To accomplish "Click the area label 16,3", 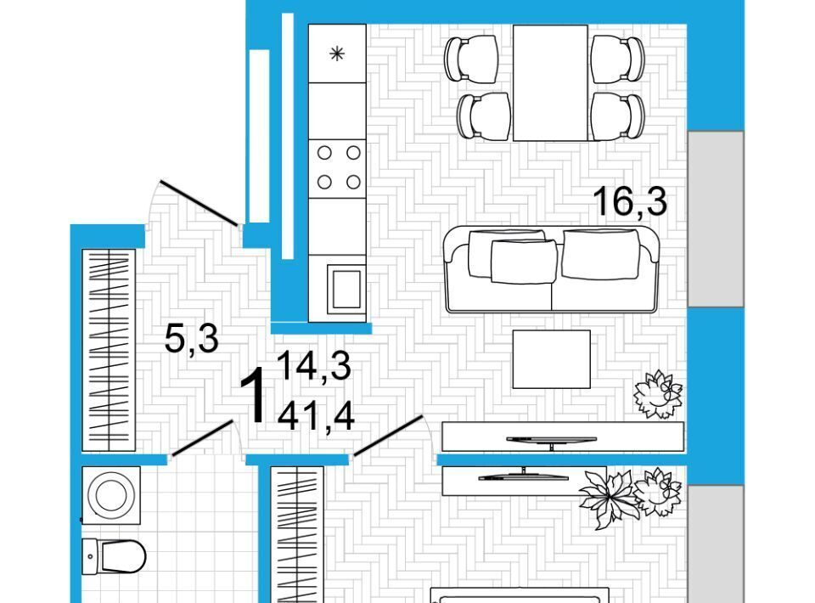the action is pyautogui.click(x=630, y=201).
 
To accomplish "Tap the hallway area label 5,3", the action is pyautogui.click(x=191, y=338).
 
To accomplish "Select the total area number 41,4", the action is pyautogui.click(x=316, y=416).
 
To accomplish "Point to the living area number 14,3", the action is pyautogui.click(x=314, y=367).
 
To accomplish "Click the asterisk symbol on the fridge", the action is pyautogui.click(x=337, y=54).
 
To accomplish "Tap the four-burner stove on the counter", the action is pyautogui.click(x=337, y=168).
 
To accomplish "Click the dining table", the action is pyautogui.click(x=550, y=82).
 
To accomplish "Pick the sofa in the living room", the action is pyautogui.click(x=551, y=269).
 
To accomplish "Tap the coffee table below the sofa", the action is pyautogui.click(x=552, y=359).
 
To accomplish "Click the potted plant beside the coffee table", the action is pyautogui.click(x=658, y=394).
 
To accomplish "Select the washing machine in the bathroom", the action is pyautogui.click(x=111, y=495).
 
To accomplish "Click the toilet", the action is pyautogui.click(x=114, y=556).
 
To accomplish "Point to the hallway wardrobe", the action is pyautogui.click(x=109, y=350).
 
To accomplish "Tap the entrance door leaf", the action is pyautogui.click(x=200, y=203).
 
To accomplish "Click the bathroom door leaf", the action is pyautogui.click(x=202, y=438).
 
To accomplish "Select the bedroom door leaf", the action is pyautogui.click(x=388, y=435).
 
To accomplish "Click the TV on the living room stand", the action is pyautogui.click(x=552, y=441).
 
